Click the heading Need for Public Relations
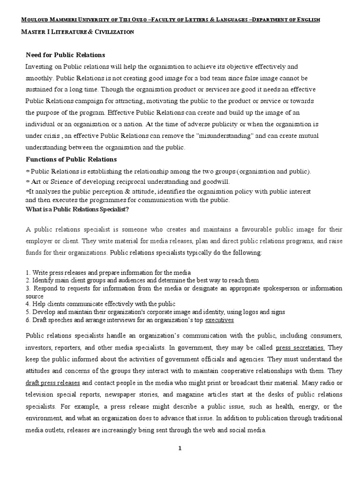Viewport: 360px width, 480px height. pyautogui.click(x=65, y=55)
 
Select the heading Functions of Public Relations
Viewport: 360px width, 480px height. pyautogui.click(x=71, y=159)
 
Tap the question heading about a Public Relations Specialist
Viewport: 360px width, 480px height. pyautogui.click(x=76, y=209)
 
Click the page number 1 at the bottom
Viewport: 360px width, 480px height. pyautogui.click(x=180, y=448)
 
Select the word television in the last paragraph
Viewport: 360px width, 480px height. pyautogui.click(x=41, y=394)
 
